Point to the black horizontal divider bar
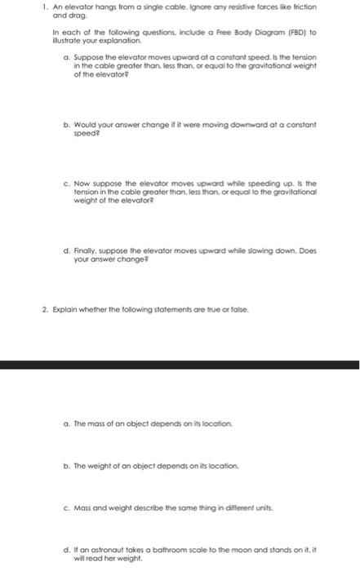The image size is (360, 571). [x=180, y=365]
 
